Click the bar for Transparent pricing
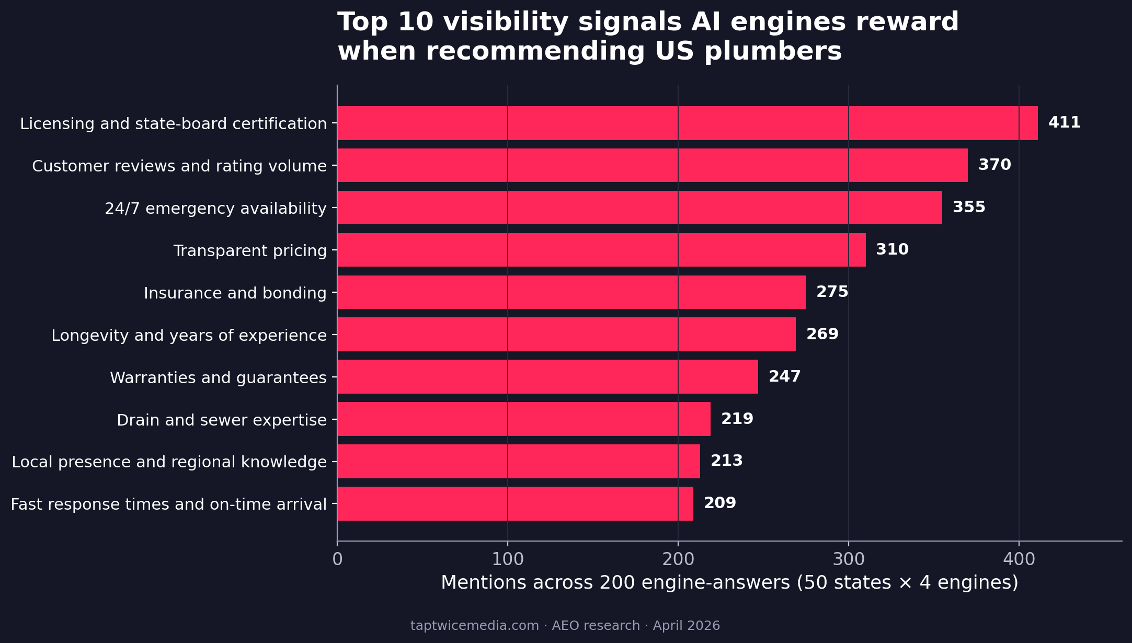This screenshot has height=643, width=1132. [x=601, y=250]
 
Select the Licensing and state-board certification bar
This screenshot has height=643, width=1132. [x=687, y=123]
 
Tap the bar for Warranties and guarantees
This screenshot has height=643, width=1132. [x=547, y=376]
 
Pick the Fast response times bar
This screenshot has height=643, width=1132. [x=515, y=503]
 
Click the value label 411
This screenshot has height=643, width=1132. [x=1064, y=123]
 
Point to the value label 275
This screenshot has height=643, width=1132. [x=832, y=292]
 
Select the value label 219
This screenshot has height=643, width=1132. [x=737, y=419]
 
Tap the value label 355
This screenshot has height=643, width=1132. [x=969, y=208]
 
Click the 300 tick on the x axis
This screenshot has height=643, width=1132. [x=848, y=559]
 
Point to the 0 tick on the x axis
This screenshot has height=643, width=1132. [x=337, y=559]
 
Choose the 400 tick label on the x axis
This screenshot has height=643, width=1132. [x=1019, y=559]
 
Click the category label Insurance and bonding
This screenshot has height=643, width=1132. [x=235, y=293]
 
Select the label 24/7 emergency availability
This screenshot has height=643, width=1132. [x=215, y=209]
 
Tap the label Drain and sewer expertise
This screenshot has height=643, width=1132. [x=221, y=420]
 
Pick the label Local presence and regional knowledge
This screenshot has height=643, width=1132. [x=169, y=462]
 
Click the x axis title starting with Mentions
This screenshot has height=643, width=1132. [x=729, y=582]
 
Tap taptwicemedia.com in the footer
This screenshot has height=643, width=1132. [x=474, y=626]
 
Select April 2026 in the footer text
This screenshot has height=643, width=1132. [x=686, y=626]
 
